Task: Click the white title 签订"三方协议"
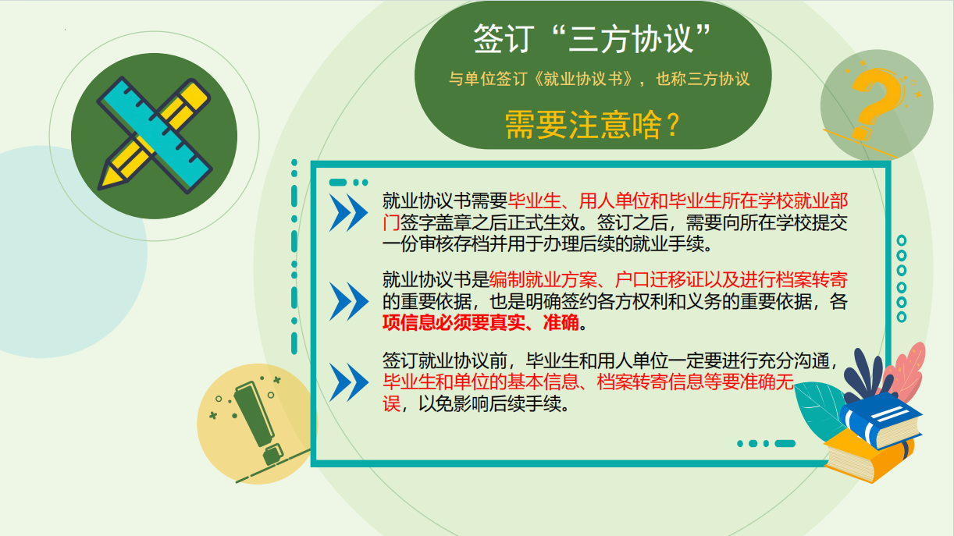592,38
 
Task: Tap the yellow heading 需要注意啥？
592,125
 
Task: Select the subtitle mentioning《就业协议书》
599,79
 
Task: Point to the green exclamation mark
258,421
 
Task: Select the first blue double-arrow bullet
348,212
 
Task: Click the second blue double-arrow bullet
348,301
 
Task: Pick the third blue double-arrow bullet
348,382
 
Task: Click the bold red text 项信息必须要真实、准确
480,323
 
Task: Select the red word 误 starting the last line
391,403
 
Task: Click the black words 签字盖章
436,222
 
